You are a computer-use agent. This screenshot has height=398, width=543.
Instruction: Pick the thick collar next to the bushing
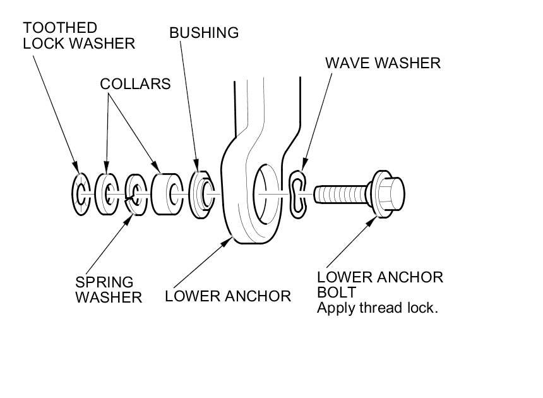tap(167, 193)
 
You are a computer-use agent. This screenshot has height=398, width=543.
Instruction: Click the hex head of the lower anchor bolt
tap(388, 191)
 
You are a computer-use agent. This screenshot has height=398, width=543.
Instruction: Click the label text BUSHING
tap(204, 33)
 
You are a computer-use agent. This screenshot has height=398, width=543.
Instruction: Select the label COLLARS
tap(135, 84)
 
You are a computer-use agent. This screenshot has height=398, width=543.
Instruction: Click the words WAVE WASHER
tap(383, 63)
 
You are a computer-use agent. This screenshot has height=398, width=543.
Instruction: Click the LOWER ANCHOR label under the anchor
tap(228, 296)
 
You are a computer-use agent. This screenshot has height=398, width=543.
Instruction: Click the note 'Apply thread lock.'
tap(378, 309)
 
